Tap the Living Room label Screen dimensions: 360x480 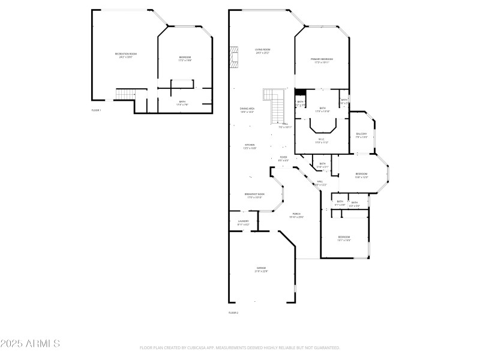click(x=262, y=50)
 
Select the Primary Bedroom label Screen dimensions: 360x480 click(x=322, y=60)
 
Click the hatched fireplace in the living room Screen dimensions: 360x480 click(x=234, y=56)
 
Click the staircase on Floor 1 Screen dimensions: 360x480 click(x=124, y=94)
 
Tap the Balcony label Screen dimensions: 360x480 click(x=361, y=135)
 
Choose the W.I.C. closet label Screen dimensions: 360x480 click(x=322, y=140)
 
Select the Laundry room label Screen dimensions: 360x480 click(x=243, y=223)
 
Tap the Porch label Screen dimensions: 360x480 click(x=296, y=215)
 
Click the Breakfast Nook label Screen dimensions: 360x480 click(x=254, y=195)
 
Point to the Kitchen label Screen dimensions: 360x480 click(x=250, y=146)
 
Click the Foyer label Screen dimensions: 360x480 click(x=283, y=158)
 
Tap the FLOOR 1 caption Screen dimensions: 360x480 click(x=96, y=110)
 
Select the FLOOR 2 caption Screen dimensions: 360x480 click(x=233, y=313)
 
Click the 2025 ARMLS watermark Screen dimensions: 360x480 click(x=30, y=344)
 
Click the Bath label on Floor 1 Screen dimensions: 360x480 click(x=182, y=103)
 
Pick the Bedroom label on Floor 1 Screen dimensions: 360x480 click(x=185, y=58)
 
